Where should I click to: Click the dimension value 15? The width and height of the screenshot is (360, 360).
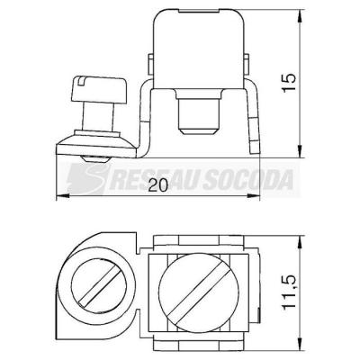point(289,83)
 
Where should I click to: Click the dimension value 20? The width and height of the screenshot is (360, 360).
point(157,186)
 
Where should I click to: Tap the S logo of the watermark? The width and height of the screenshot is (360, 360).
point(86,179)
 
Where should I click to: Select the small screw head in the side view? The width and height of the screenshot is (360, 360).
point(98,89)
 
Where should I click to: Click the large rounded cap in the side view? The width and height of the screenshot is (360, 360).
point(198,49)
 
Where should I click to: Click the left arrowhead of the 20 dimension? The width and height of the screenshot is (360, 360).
point(62,196)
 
